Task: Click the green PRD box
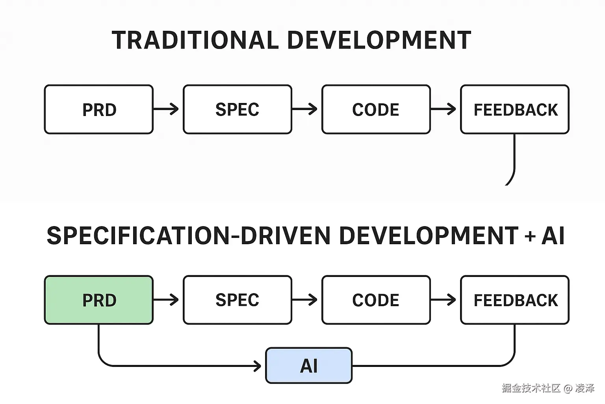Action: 98,300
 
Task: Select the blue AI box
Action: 308,365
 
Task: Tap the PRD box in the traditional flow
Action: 98,109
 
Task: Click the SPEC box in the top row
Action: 237,109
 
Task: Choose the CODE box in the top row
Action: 376,109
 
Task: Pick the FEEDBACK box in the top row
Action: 514,109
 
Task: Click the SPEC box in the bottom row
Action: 237,300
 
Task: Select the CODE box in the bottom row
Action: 376,300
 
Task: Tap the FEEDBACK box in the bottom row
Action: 514,300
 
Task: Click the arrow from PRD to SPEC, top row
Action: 167,108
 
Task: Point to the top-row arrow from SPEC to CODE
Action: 306,108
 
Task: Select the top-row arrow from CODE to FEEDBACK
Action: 444,108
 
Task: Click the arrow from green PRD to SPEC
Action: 167,300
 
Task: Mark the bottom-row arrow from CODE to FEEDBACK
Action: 444,300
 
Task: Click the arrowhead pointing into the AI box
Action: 258,366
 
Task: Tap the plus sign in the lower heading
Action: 530,236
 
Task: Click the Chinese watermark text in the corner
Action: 547,388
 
